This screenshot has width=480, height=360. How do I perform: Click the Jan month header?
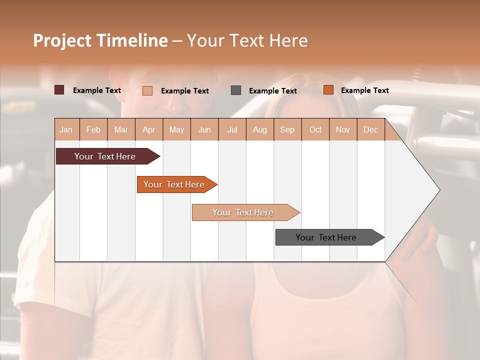66,129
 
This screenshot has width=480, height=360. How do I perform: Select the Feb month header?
93,129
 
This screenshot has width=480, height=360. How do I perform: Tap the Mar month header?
121,129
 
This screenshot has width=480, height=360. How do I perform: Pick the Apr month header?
149,129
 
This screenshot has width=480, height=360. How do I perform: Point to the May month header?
176,129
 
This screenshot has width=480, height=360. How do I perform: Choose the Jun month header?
204,129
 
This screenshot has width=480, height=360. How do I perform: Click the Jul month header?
232,129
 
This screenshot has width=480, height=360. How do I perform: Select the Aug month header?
260,129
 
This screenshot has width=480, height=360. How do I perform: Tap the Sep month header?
287,129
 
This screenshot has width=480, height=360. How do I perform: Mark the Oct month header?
315,129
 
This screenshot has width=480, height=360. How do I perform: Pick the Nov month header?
343,129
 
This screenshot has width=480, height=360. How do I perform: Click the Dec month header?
371,129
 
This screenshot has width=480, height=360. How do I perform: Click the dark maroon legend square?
59,90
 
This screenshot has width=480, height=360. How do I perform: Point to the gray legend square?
236,90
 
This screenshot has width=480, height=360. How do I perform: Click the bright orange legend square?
328,90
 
